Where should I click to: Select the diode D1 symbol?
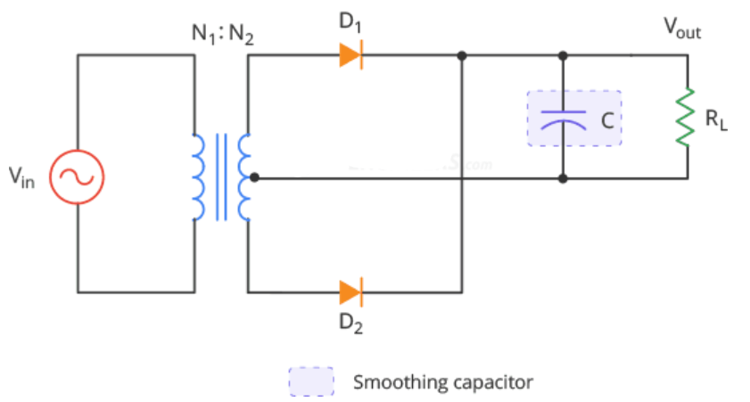[350, 56]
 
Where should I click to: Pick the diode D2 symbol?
[350, 291]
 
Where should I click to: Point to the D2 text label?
[350, 323]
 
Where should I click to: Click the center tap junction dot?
[254, 177]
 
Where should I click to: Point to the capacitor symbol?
[564, 118]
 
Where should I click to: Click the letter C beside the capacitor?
[605, 119]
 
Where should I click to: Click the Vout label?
[682, 29]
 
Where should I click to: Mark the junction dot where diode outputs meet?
[462, 56]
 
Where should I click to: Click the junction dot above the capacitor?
[563, 56]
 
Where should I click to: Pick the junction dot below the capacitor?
[563, 177]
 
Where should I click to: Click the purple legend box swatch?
[310, 381]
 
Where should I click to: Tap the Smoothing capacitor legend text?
[442, 382]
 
